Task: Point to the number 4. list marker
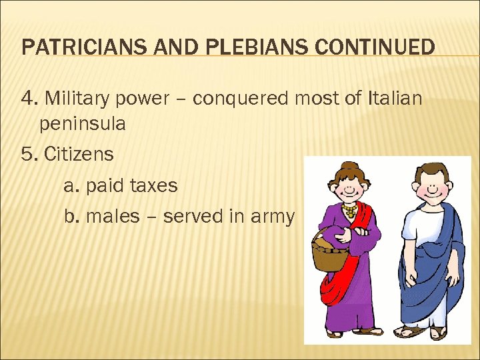pos(29,99)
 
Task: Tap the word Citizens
pos(79,155)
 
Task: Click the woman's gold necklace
pos(349,212)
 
